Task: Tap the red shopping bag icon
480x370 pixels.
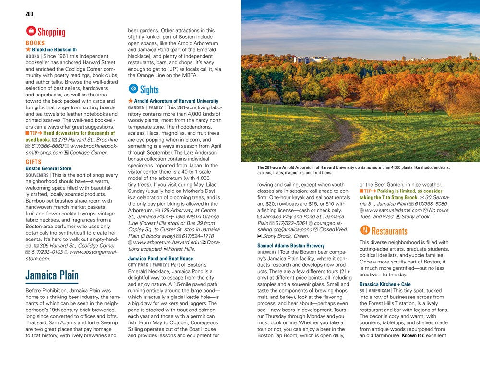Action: pyautogui.click(x=30, y=32)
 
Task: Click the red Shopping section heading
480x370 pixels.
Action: pyautogui.click(x=51, y=32)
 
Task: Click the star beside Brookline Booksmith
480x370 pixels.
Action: pyautogui.click(x=28, y=49)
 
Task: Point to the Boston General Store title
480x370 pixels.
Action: pyautogui.click(x=48, y=168)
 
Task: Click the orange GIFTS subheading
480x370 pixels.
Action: pyautogui.click(x=34, y=162)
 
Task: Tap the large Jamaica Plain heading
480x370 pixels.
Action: pyautogui.click(x=52, y=276)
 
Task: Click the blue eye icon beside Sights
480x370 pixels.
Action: pyautogui.click(x=133, y=89)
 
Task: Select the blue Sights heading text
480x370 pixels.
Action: pyautogui.click(x=149, y=89)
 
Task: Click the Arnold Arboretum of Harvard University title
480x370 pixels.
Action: pyautogui.click(x=176, y=101)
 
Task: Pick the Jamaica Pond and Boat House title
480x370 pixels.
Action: pyautogui.click(x=160, y=258)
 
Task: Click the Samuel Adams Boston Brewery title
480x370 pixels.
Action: pyautogui.click(x=291, y=246)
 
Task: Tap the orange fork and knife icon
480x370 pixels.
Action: pyautogui.click(x=365, y=230)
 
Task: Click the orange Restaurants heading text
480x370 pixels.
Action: pyautogui.click(x=389, y=231)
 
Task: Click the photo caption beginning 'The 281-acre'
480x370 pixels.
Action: pyautogui.click(x=353, y=170)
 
